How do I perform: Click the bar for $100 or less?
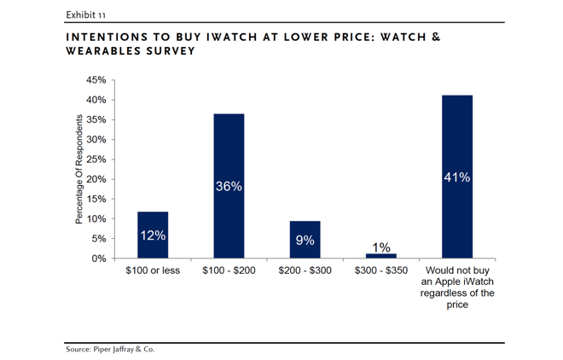tap(153, 235)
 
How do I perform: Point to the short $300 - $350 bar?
tap(381, 256)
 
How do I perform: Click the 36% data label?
tap(229, 185)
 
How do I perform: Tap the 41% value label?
tap(457, 177)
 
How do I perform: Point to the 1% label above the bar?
tap(381, 247)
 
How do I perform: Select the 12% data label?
tap(153, 235)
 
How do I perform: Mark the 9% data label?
tap(305, 241)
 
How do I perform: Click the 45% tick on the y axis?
tap(96, 80)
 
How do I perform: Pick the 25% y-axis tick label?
tap(96, 160)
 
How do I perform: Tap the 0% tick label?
tap(99, 258)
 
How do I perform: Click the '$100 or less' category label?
tap(153, 271)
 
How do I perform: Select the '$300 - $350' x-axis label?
tap(381, 271)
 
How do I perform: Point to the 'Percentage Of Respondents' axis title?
tap(78, 170)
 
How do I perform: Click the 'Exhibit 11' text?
tap(85, 15)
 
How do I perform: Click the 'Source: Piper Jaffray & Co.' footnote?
tap(110, 349)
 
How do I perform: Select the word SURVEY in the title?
tap(169, 51)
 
